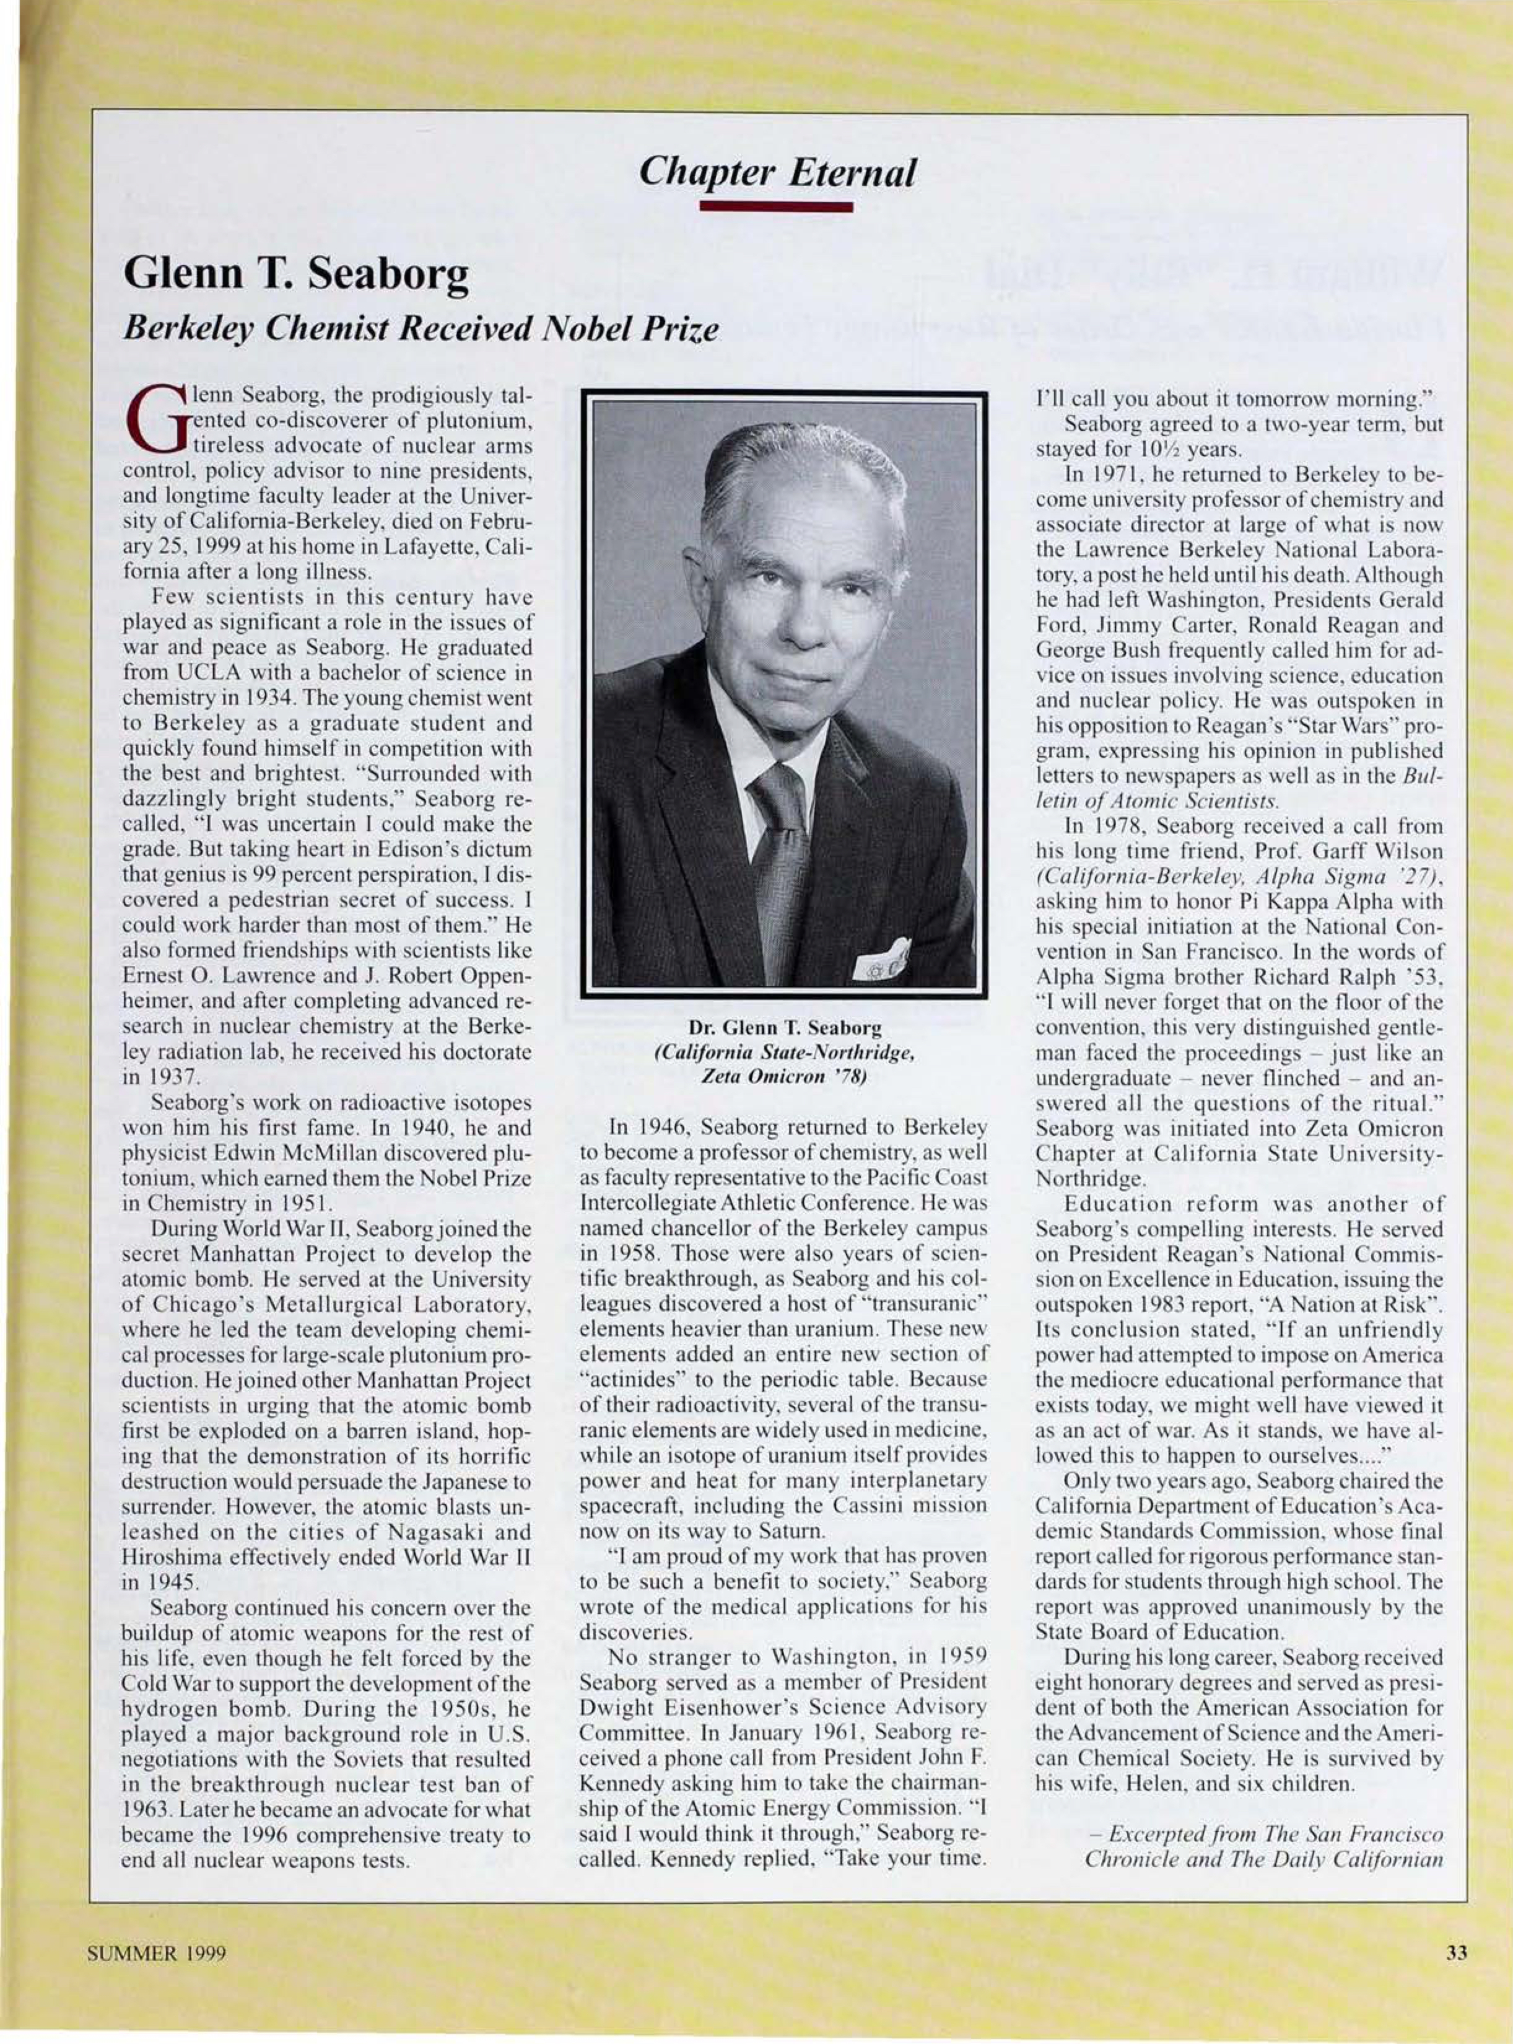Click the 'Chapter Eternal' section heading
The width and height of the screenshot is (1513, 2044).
point(778,172)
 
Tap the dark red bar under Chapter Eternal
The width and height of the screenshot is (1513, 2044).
point(776,209)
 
